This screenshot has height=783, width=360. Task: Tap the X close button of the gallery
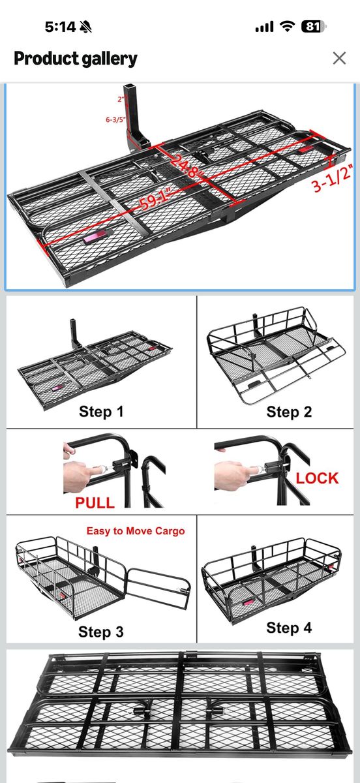339,58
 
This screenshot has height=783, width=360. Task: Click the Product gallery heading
76,59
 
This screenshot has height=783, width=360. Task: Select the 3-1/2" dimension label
332,179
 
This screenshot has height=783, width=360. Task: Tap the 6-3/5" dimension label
115,119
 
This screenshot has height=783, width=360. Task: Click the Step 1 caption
101,412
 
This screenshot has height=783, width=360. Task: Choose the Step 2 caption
289,412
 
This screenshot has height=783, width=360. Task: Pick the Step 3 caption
101,632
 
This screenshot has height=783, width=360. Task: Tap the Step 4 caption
289,628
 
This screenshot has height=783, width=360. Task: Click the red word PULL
95,502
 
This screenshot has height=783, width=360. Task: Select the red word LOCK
318,478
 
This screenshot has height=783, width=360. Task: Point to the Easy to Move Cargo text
136,531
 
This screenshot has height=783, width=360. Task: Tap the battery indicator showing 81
314,27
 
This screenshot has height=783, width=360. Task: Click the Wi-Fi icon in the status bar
288,27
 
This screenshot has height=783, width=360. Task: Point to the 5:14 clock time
60,27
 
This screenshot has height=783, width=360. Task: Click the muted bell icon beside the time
85,27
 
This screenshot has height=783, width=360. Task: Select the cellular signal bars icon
264,27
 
